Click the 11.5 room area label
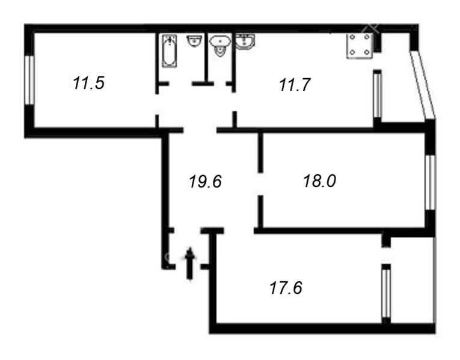tap(88, 83)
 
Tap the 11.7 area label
tap(295, 85)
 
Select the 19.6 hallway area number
tap(205, 181)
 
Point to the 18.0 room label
tap(319, 180)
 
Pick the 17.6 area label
tap(286, 288)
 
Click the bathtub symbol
tap(170, 51)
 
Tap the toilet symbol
tap(219, 46)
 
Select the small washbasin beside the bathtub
tap(194, 41)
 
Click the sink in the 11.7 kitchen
tap(245, 41)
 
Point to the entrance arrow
tap(190, 264)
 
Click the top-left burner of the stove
tap(352, 37)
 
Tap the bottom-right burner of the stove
tap(367, 52)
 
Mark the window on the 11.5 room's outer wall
tap(29, 80)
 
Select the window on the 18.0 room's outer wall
tap(430, 182)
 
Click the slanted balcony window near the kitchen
tap(422, 85)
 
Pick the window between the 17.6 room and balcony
tap(386, 293)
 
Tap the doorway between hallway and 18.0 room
tap(260, 184)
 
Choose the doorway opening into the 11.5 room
tap(157, 105)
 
